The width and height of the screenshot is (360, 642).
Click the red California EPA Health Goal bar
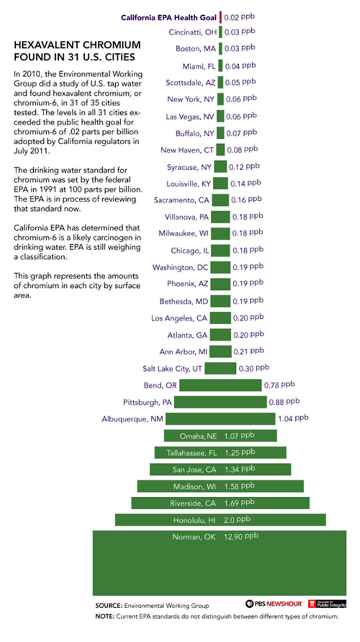tap(220, 17)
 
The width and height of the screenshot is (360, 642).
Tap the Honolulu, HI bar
tap(220, 520)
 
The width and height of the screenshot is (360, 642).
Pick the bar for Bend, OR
tap(220, 385)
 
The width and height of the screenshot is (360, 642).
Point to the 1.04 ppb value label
tap(293, 419)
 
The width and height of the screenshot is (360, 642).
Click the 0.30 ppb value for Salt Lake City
tap(253, 368)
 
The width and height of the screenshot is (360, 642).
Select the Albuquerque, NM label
tap(133, 419)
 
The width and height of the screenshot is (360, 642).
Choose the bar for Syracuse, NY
tap(220, 166)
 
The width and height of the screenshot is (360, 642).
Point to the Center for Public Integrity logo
tap(327, 603)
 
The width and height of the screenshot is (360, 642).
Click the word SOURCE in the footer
tap(108, 606)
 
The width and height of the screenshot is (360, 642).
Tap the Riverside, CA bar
tap(220, 503)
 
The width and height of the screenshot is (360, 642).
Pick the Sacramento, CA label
tap(181, 201)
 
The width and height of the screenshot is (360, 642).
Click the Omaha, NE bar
tap(220, 436)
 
